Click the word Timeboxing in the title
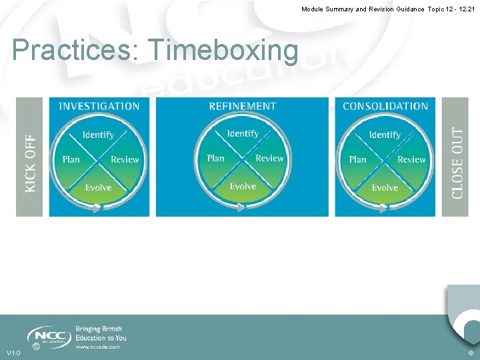(x=223, y=51)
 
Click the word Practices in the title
(x=75, y=51)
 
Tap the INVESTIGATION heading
(x=99, y=106)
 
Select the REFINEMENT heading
(x=243, y=106)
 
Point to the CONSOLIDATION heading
(x=385, y=106)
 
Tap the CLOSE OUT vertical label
(x=457, y=163)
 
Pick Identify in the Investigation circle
(x=98, y=135)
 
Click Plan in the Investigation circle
(x=71, y=159)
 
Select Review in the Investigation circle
(x=125, y=160)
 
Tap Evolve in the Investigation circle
(x=98, y=187)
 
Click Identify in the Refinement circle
(x=243, y=133)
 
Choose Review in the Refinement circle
(x=269, y=158)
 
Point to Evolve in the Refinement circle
(x=243, y=186)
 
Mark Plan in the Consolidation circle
(x=358, y=159)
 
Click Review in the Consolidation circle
(x=411, y=160)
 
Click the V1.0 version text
(x=13, y=353)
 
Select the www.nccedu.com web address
(x=97, y=347)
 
